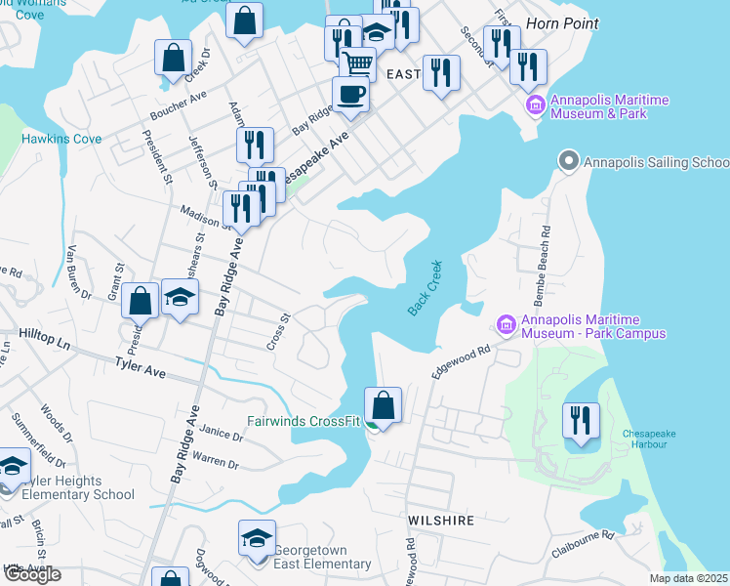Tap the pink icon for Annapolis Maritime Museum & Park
(534, 105)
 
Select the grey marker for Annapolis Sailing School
(568, 159)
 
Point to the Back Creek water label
(425, 287)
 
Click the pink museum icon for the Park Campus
(506, 323)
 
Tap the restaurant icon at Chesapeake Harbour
(580, 420)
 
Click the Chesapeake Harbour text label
(644, 439)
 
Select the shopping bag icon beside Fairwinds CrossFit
(384, 404)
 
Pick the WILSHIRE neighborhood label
(441, 521)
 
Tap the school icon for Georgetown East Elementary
(257, 540)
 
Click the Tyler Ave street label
(142, 372)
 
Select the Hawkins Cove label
(61, 139)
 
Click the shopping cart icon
(359, 64)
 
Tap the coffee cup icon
(350, 94)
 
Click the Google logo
(33, 575)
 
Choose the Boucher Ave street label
(178, 106)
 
